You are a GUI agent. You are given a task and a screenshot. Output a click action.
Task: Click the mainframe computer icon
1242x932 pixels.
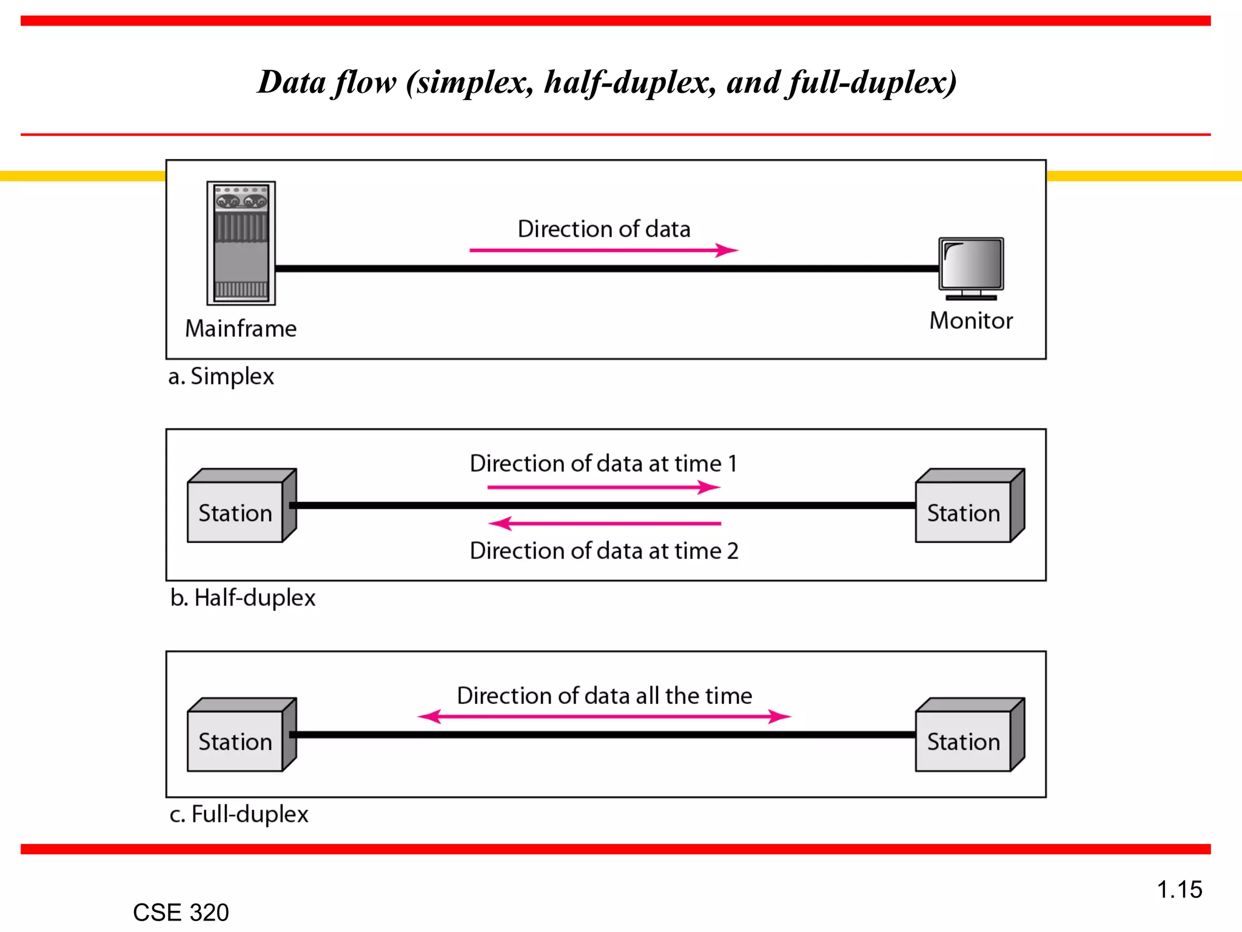[x=241, y=243]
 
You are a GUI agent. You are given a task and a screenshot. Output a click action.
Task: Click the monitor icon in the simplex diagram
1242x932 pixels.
[x=971, y=267]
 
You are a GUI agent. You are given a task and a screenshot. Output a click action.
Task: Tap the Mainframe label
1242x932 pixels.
[x=241, y=329]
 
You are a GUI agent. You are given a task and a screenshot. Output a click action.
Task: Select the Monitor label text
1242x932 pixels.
[x=971, y=321]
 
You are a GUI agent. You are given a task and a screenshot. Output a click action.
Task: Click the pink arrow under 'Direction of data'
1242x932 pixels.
[x=603, y=250]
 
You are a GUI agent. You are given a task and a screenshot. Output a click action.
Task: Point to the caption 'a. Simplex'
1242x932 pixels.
[x=221, y=377]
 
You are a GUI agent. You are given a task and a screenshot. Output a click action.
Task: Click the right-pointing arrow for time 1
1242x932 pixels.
[x=603, y=487]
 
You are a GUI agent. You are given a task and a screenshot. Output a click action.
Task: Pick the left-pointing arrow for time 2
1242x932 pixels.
[x=603, y=523]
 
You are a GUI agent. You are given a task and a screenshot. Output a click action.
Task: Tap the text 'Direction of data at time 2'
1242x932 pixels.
[x=604, y=551]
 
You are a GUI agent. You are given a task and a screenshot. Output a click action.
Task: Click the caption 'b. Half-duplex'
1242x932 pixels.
[x=243, y=598]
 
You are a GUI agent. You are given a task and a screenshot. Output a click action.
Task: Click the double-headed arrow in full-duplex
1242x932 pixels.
[x=604, y=717]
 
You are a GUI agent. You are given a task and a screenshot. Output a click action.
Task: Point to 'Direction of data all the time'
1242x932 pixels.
[x=604, y=696]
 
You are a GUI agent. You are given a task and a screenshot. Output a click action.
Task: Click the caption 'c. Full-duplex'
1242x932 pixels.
[x=239, y=814]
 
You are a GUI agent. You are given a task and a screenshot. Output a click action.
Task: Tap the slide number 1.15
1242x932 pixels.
[x=1179, y=890]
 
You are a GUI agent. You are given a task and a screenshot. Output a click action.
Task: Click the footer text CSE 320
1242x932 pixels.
[x=181, y=913]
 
